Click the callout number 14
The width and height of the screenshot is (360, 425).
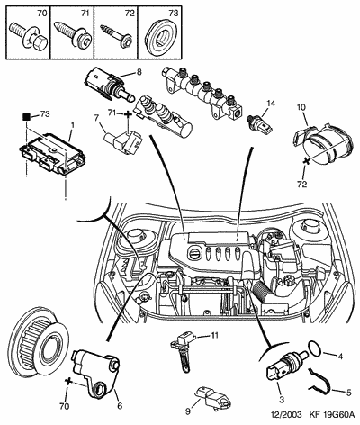point(270,104)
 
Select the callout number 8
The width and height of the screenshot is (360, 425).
point(139,72)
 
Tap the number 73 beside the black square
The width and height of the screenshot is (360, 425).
point(45,114)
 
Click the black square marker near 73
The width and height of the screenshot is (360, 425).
point(27,117)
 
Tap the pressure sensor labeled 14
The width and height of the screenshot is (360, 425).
point(259,124)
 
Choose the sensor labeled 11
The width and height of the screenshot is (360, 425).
point(183,348)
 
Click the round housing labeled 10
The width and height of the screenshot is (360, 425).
point(322,145)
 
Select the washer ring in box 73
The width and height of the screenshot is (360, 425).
point(161,37)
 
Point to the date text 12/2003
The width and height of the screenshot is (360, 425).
point(286,415)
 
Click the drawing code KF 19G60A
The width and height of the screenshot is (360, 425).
point(331,415)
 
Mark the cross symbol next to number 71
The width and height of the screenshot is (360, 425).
point(128,114)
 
